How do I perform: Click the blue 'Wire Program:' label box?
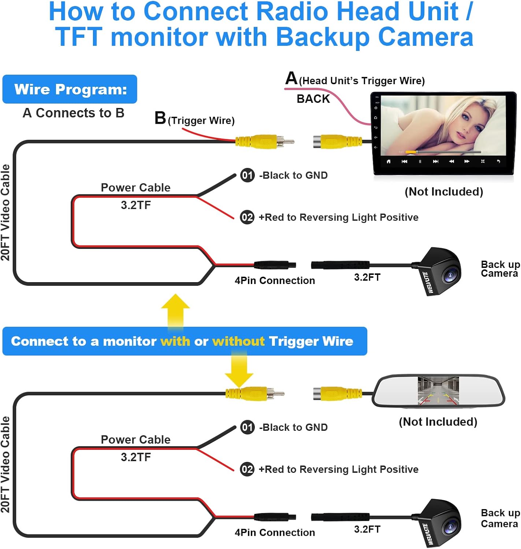click(x=70, y=89)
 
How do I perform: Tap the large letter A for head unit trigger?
click(x=291, y=78)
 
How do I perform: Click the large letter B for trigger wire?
click(x=160, y=118)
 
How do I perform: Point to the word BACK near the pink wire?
click(x=313, y=99)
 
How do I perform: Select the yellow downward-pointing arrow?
click(x=239, y=370)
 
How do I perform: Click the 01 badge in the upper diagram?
click(x=247, y=175)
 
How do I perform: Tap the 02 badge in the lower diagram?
click(x=247, y=469)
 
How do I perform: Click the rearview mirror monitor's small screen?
click(x=438, y=391)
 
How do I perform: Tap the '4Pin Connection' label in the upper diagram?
click(x=275, y=281)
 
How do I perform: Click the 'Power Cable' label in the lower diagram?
click(x=135, y=440)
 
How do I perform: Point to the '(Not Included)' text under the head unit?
click(x=444, y=192)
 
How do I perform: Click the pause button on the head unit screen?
click(x=420, y=161)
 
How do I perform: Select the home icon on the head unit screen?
click(x=388, y=161)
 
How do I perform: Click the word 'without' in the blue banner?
click(x=238, y=341)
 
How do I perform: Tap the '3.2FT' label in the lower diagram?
click(x=367, y=529)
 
